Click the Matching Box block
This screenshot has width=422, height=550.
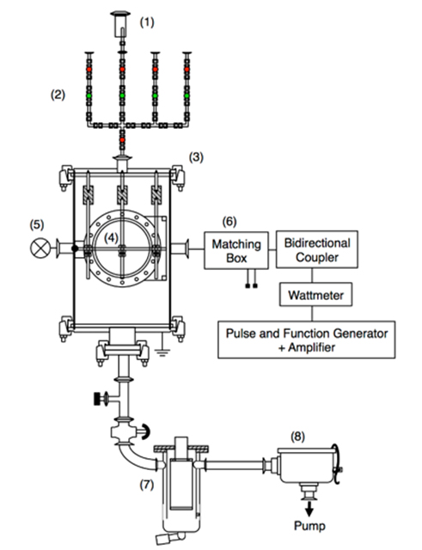pos(236,250)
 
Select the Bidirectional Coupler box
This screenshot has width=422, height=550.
pos(317,249)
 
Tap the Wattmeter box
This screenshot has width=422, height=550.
pos(315,295)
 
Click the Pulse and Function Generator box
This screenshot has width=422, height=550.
pos(307,339)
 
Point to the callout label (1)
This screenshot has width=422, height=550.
pos(147,22)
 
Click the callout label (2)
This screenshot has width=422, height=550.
pos(58,95)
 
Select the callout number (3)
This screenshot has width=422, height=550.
pos(196,157)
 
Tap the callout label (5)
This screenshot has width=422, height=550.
pos(37,224)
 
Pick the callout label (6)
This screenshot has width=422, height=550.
pos(229,222)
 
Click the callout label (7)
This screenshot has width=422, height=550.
pos(147,485)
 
